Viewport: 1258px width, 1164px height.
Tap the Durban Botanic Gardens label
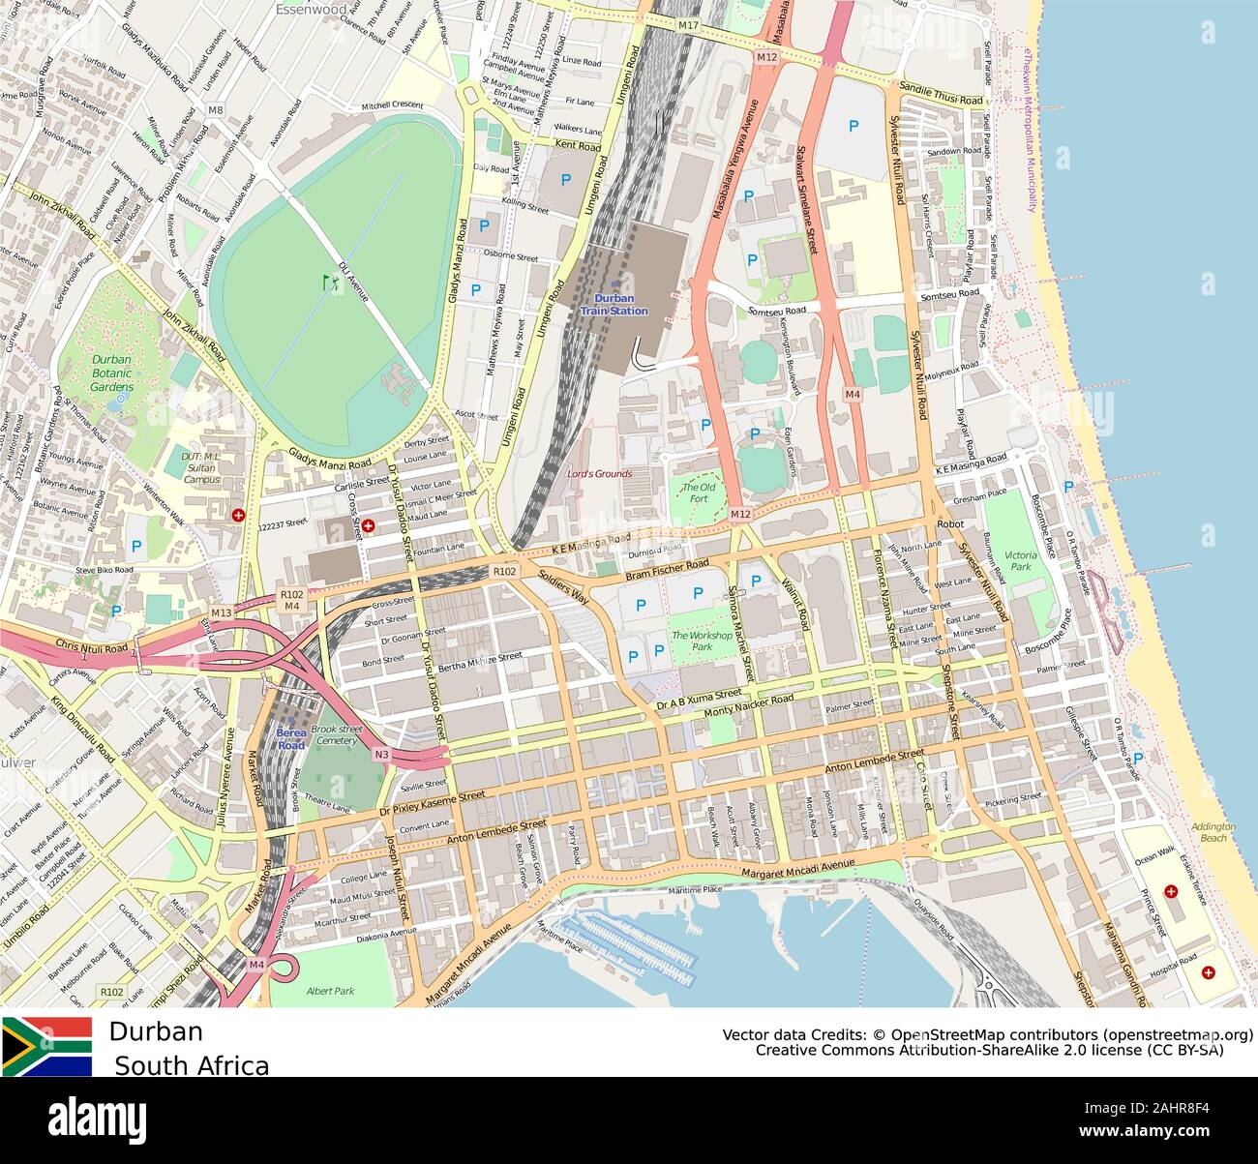pos(111,373)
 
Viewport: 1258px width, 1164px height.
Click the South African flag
pos(46,1046)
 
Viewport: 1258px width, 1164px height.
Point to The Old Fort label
pos(699,492)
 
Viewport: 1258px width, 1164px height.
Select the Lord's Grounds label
pos(599,474)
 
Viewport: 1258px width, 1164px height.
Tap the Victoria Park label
pos(1021,561)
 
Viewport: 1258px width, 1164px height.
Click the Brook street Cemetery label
pos(336,734)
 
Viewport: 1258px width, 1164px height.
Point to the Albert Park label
pos(330,991)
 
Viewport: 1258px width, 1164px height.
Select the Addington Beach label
pos(1213,832)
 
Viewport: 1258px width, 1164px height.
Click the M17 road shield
pos(688,24)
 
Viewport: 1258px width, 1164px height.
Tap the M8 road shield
pos(215,110)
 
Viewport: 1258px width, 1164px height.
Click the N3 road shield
pos(382,755)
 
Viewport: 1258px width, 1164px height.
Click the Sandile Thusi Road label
pos(941,94)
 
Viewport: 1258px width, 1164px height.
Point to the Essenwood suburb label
pos(311,10)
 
